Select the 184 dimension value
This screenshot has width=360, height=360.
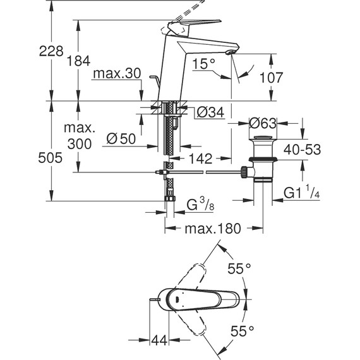coord(79,61)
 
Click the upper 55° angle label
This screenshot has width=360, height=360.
coord(240,268)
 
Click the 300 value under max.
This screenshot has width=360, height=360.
coord(79,143)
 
